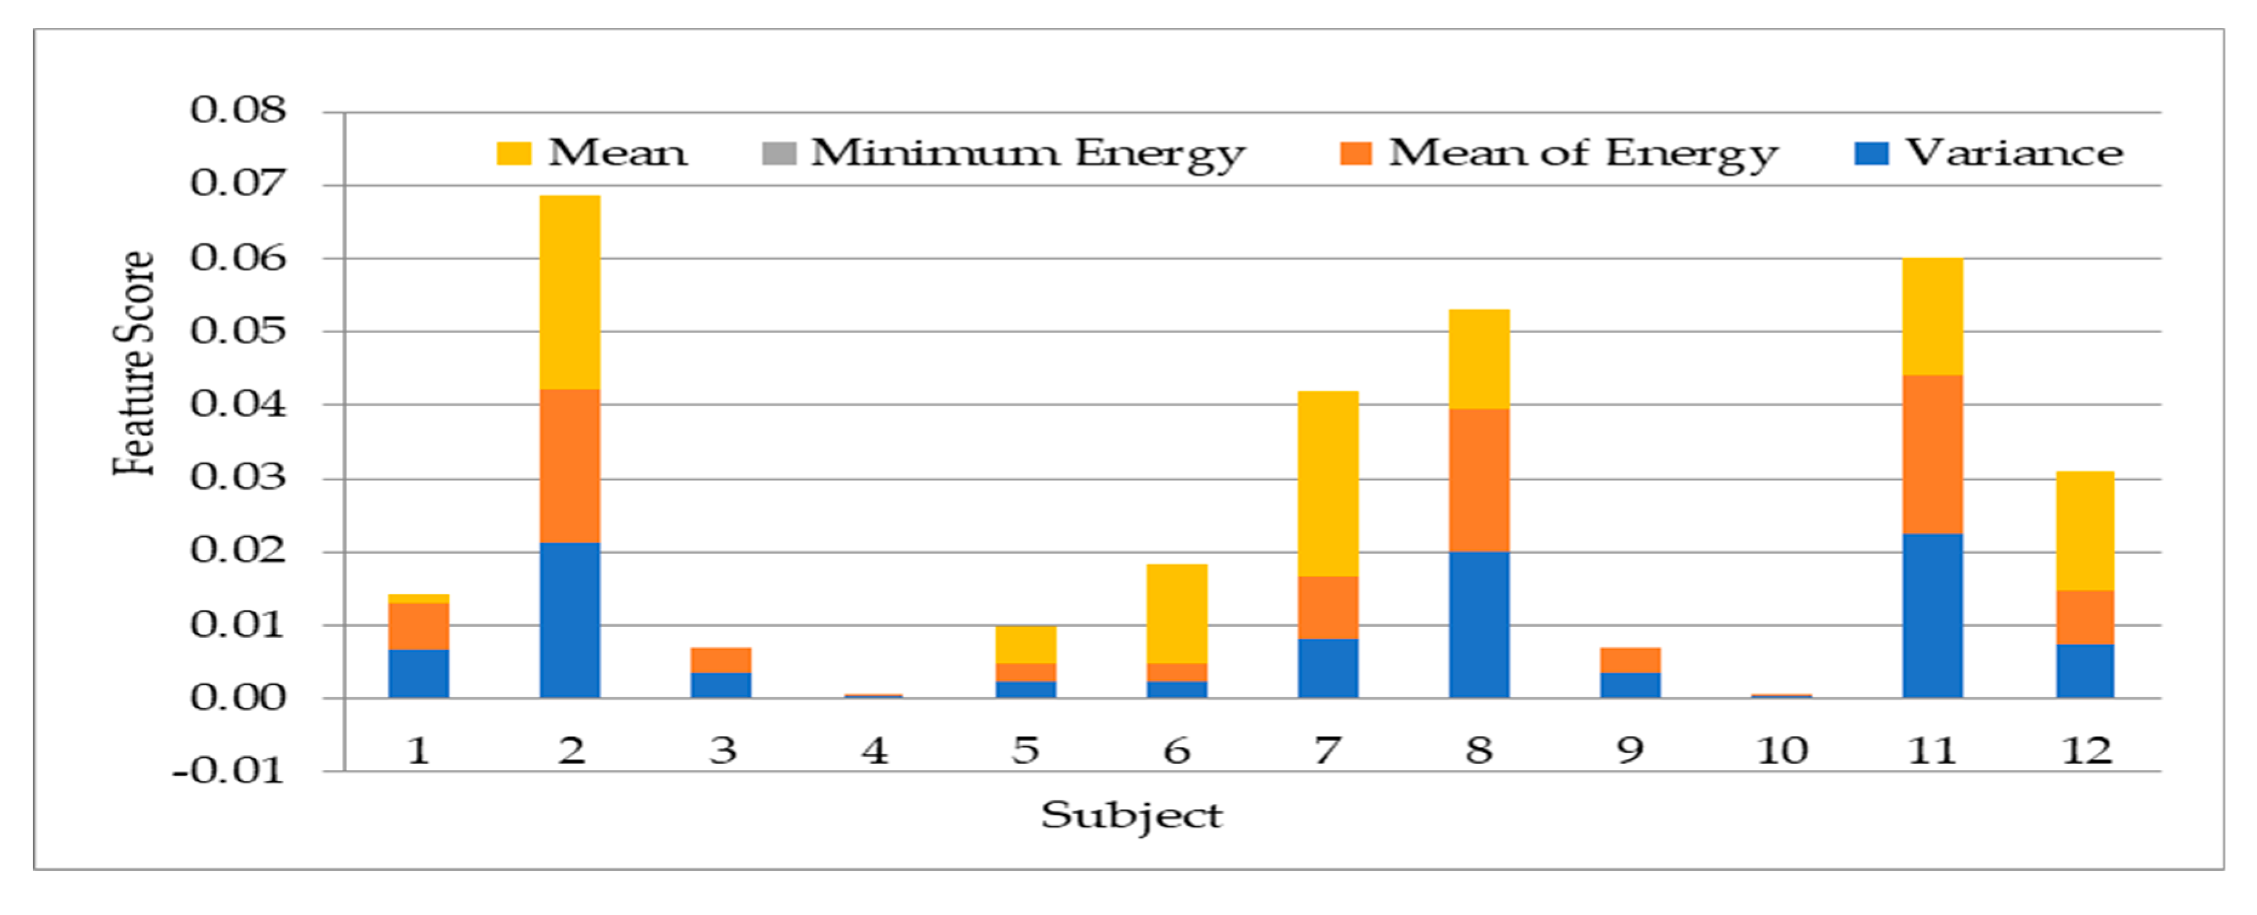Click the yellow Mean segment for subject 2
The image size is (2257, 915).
(570, 292)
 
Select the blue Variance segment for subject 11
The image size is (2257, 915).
(1932, 615)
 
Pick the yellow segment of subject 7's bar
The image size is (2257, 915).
(1327, 483)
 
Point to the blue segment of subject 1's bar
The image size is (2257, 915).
(419, 673)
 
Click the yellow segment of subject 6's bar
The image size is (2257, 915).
(1177, 613)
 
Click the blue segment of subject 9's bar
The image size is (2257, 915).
(1630, 684)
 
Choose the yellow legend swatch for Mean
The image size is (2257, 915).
(513, 154)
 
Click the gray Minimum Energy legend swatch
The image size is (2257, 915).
(779, 154)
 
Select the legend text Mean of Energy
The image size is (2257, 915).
(1583, 154)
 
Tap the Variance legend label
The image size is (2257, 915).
(2014, 154)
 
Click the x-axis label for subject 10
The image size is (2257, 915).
(1781, 751)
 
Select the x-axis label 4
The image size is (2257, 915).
(873, 751)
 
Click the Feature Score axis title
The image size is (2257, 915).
(135, 363)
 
